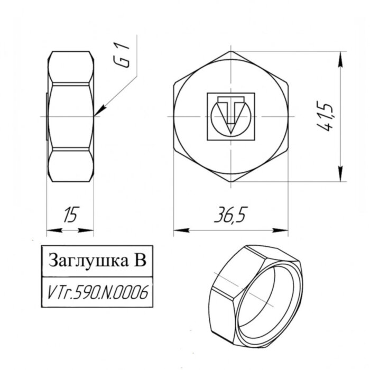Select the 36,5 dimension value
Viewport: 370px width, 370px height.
click(230, 215)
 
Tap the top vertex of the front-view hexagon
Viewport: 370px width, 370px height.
click(232, 51)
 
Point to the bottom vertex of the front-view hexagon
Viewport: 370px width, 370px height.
click(232, 182)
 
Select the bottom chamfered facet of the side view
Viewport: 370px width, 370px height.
click(71, 165)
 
